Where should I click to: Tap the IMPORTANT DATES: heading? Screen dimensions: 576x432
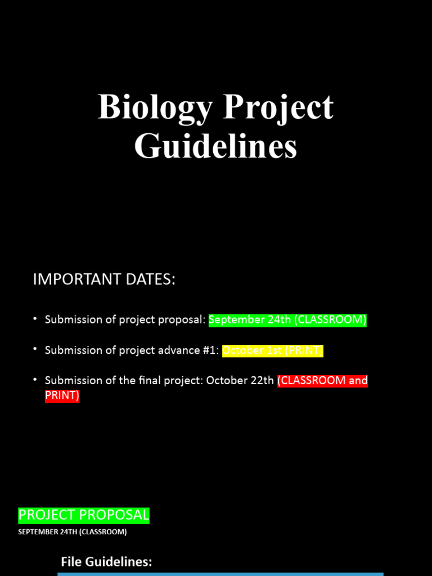tap(104, 280)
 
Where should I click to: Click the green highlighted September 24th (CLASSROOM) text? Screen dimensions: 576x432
tap(287, 320)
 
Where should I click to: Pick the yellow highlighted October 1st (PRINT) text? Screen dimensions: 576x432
tap(273, 350)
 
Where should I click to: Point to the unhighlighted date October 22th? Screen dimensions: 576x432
tap(240, 381)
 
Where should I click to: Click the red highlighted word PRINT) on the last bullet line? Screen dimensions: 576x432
tap(62, 395)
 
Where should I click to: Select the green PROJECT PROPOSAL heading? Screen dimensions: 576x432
tap(84, 515)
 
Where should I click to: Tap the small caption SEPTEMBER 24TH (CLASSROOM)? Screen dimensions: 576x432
tap(73, 532)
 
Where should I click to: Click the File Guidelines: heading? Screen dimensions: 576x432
tap(106, 561)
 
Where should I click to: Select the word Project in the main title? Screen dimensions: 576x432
tap(278, 107)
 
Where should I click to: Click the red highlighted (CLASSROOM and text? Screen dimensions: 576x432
tap(322, 381)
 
